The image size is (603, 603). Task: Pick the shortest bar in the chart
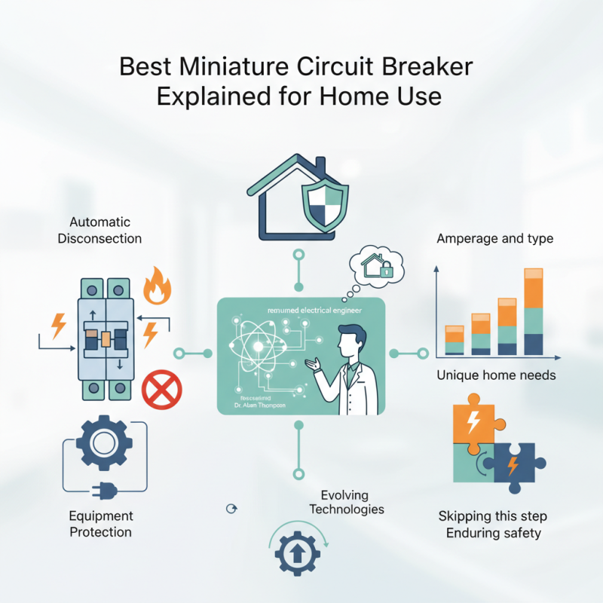[454, 340]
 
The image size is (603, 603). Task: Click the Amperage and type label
[495, 239]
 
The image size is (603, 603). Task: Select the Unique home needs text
[496, 375]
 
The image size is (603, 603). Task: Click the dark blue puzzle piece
[516, 465]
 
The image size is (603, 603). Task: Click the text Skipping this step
[493, 517]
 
